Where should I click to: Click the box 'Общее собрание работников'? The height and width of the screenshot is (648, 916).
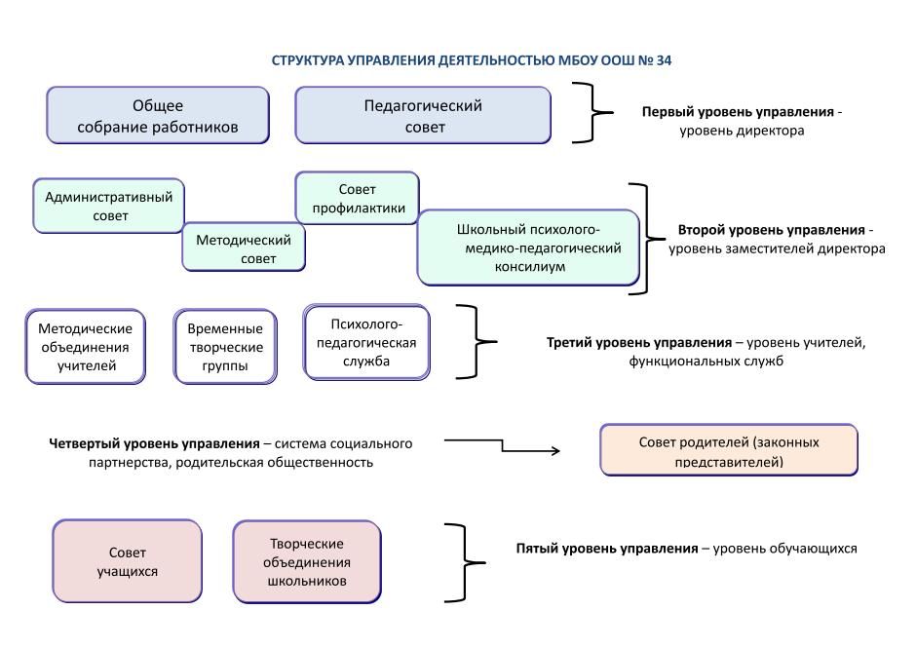click(x=158, y=116)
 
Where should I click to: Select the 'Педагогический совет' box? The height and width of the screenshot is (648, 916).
click(x=423, y=116)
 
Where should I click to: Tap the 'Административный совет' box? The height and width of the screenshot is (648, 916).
click(x=109, y=206)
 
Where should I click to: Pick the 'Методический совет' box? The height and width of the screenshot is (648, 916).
click(x=244, y=248)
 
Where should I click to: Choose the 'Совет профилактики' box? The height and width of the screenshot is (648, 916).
click(x=357, y=198)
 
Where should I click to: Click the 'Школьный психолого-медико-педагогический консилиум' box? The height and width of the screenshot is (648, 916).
click(x=528, y=248)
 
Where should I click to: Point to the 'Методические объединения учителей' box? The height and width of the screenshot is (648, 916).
click(x=86, y=347)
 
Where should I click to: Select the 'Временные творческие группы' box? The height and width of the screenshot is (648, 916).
click(x=225, y=347)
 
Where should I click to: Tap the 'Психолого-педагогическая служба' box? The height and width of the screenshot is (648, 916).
click(x=366, y=342)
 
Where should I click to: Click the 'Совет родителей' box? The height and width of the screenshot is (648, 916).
click(x=729, y=450)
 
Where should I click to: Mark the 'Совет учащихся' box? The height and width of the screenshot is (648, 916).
click(x=127, y=560)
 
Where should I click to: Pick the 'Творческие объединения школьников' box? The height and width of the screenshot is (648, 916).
click(x=306, y=561)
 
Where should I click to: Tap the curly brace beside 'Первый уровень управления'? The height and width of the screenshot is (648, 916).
click(x=592, y=113)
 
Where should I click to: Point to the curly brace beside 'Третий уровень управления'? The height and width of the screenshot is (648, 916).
click(x=475, y=342)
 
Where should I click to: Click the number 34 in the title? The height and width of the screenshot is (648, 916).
click(x=664, y=60)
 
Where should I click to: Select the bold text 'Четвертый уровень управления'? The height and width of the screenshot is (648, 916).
click(x=154, y=443)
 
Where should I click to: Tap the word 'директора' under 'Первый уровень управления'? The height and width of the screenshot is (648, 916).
click(x=774, y=131)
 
